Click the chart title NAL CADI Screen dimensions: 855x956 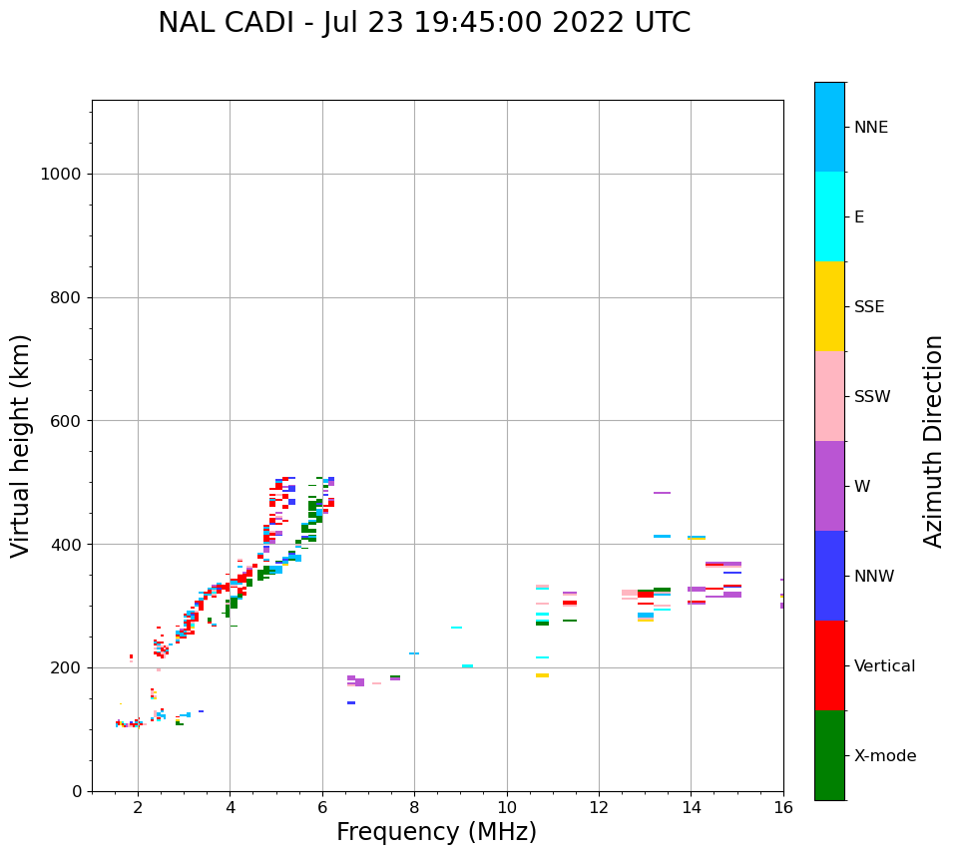click(424, 23)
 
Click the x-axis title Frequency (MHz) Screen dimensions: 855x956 click(436, 832)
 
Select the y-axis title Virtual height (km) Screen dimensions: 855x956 click(21, 445)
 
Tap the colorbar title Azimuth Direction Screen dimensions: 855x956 click(933, 441)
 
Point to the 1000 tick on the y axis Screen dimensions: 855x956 click(67, 174)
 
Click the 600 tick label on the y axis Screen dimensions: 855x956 click(67, 421)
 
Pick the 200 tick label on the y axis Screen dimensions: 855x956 click(67, 667)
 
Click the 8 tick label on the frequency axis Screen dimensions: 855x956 click(414, 807)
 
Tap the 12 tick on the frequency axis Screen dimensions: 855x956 click(599, 807)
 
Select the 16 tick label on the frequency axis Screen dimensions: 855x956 click(783, 807)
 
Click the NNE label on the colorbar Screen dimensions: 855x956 click(871, 128)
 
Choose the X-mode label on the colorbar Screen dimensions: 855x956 click(885, 756)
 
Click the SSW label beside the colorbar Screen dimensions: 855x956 click(872, 397)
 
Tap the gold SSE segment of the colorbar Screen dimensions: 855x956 click(829, 306)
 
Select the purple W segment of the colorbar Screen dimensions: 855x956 click(829, 486)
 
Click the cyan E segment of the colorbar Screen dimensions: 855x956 click(829, 216)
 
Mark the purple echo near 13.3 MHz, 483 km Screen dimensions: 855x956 click(662, 493)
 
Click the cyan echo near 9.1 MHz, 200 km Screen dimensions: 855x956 click(467, 666)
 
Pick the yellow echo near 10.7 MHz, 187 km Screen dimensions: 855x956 click(542, 675)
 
